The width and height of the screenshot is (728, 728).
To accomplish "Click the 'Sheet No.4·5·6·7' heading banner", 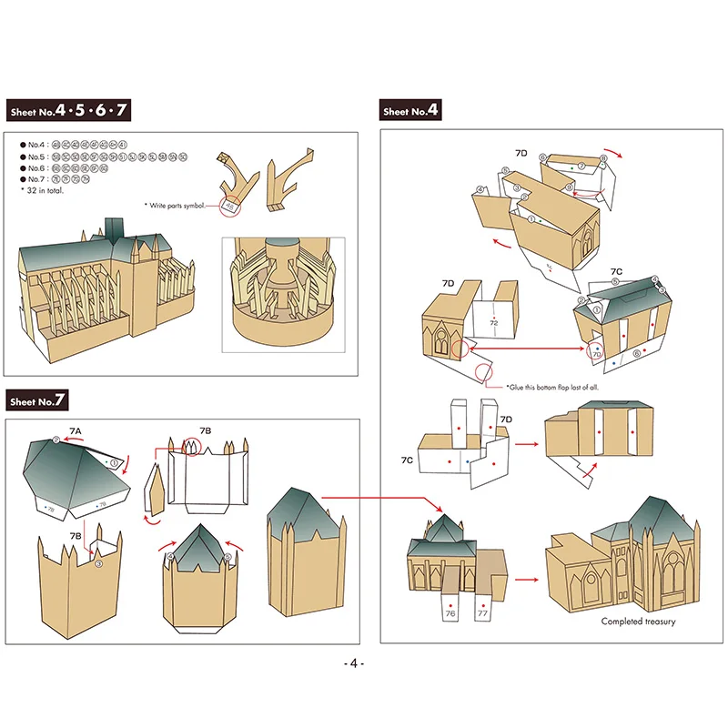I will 68,112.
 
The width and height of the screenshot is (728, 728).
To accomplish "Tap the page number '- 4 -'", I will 355,663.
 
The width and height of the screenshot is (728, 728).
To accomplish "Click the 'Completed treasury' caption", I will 638,622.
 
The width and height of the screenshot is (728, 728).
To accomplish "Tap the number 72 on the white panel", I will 493,322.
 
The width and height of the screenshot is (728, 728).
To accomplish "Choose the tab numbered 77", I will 482,614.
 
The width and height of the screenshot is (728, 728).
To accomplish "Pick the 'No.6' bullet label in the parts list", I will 35,168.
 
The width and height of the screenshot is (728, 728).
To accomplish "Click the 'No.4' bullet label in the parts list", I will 35,145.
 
